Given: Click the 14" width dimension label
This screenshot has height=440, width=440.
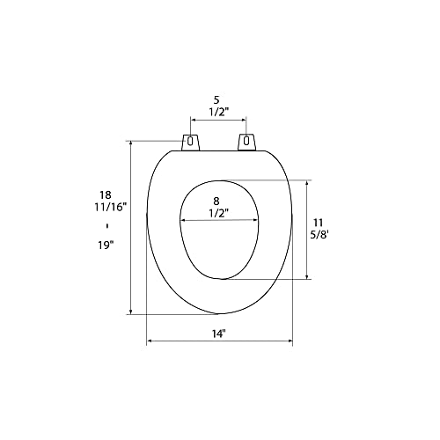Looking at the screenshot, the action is pos(218,334).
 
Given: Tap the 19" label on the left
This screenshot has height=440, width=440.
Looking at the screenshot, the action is pos(106,245).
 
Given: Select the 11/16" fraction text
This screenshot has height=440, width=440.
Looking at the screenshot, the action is pos(110,207).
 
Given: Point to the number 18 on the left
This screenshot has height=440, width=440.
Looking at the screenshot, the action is pos(106,194).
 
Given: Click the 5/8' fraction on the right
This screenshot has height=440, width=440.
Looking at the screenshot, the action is pos(320,235).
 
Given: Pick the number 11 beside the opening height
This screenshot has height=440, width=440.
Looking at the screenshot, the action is pos(318,223).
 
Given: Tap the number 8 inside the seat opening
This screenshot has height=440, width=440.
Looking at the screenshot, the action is pos(216,202).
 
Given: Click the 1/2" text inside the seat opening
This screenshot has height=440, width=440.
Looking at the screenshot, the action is pos(218,213).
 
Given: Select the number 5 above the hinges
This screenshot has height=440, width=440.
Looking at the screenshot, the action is pos(216,100).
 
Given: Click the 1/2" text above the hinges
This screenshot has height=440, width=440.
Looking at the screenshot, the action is pos(218,112).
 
